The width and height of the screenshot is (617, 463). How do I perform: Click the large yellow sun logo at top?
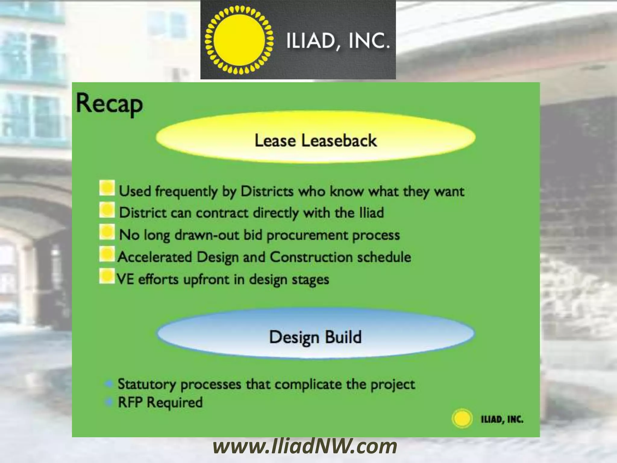(x=239, y=40)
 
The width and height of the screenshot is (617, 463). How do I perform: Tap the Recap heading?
(x=109, y=104)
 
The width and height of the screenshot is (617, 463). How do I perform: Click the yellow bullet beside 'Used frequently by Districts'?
(x=107, y=188)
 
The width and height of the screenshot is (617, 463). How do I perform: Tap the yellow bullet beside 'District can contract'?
(x=107, y=210)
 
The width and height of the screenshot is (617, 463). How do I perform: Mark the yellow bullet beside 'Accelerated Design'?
(x=107, y=254)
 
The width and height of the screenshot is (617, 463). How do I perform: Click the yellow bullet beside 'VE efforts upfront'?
(x=107, y=276)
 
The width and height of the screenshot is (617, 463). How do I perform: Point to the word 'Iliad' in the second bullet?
(x=371, y=213)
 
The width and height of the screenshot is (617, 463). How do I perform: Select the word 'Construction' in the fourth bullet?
(x=311, y=257)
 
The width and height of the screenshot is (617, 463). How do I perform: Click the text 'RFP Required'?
(x=160, y=402)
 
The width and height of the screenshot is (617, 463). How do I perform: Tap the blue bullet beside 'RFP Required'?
(x=109, y=402)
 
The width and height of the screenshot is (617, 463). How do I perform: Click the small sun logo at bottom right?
(x=462, y=419)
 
